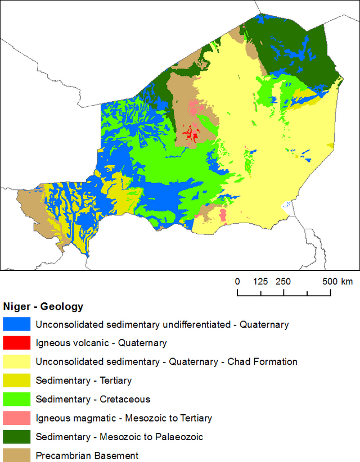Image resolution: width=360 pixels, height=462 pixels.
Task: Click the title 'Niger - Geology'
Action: (x=43, y=307)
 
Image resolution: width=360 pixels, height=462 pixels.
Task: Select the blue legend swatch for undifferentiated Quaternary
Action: (x=16, y=324)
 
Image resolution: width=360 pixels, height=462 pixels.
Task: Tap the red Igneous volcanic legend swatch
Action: (x=16, y=343)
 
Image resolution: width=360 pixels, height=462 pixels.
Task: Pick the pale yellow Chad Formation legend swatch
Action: (x=16, y=361)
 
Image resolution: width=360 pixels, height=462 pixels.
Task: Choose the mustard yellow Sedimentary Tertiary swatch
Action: (x=16, y=381)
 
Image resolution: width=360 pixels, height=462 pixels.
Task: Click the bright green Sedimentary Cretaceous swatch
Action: (x=16, y=399)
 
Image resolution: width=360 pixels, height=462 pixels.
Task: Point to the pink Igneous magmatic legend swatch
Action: (x=16, y=418)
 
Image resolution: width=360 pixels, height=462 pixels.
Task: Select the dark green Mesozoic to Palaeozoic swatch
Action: (x=16, y=436)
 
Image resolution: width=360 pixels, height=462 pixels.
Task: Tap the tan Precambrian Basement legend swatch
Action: (x=16, y=455)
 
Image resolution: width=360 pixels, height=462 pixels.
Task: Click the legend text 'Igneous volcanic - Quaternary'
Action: (x=101, y=343)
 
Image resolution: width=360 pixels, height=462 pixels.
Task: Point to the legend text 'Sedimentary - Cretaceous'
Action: (x=93, y=399)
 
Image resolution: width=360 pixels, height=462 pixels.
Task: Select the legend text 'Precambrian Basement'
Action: (x=87, y=455)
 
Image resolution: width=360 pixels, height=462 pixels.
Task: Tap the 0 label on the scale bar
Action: (x=237, y=281)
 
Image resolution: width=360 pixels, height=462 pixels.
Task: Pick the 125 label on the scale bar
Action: (x=260, y=281)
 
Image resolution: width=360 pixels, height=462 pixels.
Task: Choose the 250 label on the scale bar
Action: (x=283, y=281)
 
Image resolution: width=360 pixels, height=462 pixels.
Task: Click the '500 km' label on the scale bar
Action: (x=337, y=281)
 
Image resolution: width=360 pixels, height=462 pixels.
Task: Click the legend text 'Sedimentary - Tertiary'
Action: (x=84, y=381)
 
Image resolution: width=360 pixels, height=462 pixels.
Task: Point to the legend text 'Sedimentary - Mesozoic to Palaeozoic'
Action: (x=119, y=437)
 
